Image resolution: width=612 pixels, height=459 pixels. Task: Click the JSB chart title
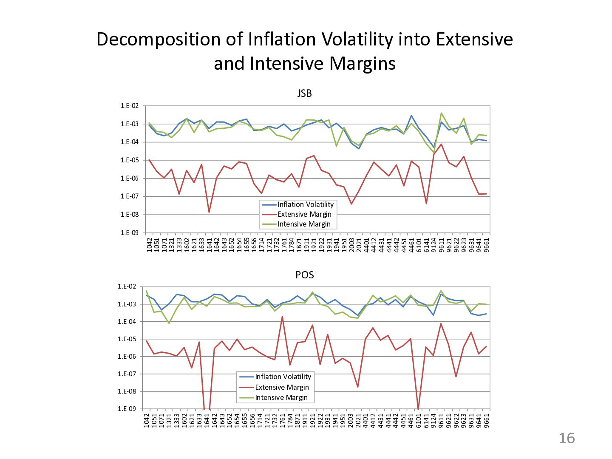(304, 93)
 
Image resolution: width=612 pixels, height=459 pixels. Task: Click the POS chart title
(304, 275)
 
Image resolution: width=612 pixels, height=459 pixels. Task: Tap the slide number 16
(567, 438)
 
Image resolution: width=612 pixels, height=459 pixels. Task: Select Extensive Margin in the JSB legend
(304, 214)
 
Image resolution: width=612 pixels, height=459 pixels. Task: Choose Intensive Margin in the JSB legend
(304, 224)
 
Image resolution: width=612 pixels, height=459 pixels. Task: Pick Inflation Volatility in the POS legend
(283, 377)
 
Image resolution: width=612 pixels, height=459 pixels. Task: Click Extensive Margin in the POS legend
(282, 387)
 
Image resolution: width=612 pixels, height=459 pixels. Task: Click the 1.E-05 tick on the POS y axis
(127, 339)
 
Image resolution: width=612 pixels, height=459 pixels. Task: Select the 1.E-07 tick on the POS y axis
(127, 374)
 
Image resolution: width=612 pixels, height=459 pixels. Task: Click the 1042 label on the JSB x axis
(150, 244)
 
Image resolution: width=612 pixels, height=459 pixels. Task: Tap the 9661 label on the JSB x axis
(486, 244)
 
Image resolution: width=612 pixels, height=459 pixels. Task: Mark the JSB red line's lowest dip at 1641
(209, 212)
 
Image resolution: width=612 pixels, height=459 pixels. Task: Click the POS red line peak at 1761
(282, 317)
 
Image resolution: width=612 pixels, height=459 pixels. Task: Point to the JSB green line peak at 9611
(441, 113)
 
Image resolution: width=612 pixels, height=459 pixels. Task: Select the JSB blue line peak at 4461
(411, 116)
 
